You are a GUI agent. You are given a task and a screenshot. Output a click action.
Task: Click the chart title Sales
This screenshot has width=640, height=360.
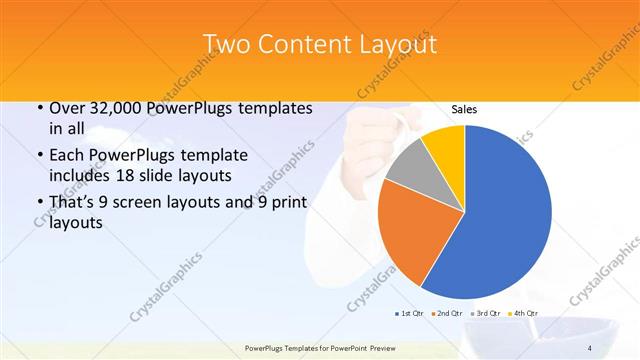[x=464, y=109]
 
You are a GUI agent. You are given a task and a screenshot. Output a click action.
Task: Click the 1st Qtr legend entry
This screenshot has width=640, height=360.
[x=409, y=313]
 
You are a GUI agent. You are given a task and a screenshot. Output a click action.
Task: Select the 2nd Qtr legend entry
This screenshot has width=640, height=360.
[x=446, y=313]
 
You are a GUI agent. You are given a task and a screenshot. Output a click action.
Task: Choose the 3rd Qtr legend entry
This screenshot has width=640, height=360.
[x=485, y=313]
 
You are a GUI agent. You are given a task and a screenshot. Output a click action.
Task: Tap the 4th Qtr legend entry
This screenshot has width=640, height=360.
[x=523, y=313]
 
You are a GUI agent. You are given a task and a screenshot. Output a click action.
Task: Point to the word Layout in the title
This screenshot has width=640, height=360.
[x=395, y=44]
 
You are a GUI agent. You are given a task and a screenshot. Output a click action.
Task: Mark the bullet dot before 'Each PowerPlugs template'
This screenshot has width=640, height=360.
[x=38, y=156]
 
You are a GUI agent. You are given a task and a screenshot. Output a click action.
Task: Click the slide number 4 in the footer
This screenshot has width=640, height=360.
[x=590, y=348]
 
